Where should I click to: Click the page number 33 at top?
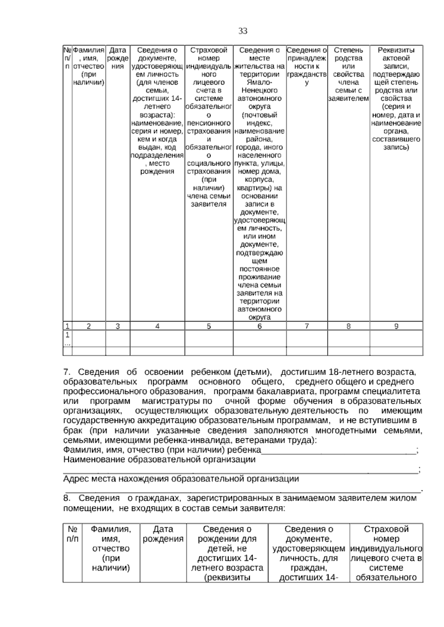click(x=243, y=31)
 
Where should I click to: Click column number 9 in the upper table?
click(x=396, y=326)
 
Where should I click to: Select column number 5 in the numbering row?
click(x=209, y=326)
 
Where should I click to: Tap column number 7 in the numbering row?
click(x=306, y=326)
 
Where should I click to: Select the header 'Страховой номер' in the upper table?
click(x=209, y=54)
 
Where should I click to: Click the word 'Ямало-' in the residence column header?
click(x=259, y=82)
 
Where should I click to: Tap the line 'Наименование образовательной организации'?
click(x=159, y=460)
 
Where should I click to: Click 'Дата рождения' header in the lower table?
click(x=163, y=534)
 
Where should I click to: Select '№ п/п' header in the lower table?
click(x=73, y=534)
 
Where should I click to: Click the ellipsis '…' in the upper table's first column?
click(x=67, y=343)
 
